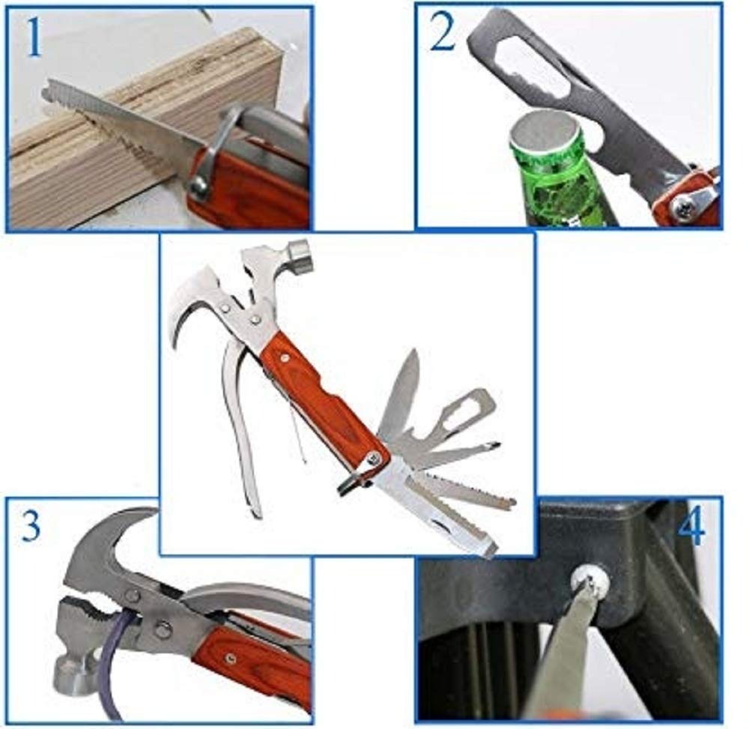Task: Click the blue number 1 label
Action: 34,39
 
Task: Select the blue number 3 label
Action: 31,527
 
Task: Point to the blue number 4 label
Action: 690,529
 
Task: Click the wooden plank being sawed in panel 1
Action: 90,157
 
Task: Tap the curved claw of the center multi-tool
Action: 187,300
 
